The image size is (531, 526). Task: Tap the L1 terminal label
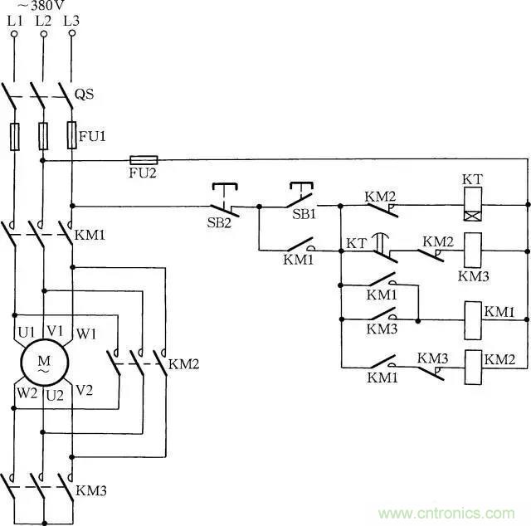(x=15, y=21)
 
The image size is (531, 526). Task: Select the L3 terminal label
(x=71, y=21)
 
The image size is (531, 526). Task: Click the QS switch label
(x=85, y=94)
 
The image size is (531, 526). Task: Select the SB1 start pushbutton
(x=301, y=197)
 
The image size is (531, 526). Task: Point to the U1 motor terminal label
(x=26, y=332)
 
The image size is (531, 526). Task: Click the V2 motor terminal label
(x=84, y=390)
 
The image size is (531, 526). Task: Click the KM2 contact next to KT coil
(x=381, y=206)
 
